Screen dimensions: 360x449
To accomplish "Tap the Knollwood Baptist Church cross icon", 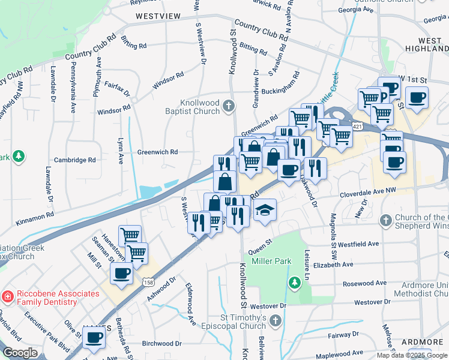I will [x=228, y=106].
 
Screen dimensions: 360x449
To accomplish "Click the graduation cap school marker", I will [x=264, y=210].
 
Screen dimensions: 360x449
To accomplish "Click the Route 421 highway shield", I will [x=358, y=127].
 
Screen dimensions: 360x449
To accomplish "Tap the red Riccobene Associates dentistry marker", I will [x=7, y=296].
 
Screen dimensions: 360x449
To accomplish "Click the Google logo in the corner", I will [x=20, y=353].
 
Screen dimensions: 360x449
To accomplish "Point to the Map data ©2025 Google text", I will [x=412, y=355].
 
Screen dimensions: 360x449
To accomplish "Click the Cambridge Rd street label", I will [x=74, y=160].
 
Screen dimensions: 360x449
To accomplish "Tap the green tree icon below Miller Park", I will [x=294, y=281].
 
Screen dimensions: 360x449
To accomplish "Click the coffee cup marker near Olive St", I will [x=94, y=338].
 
